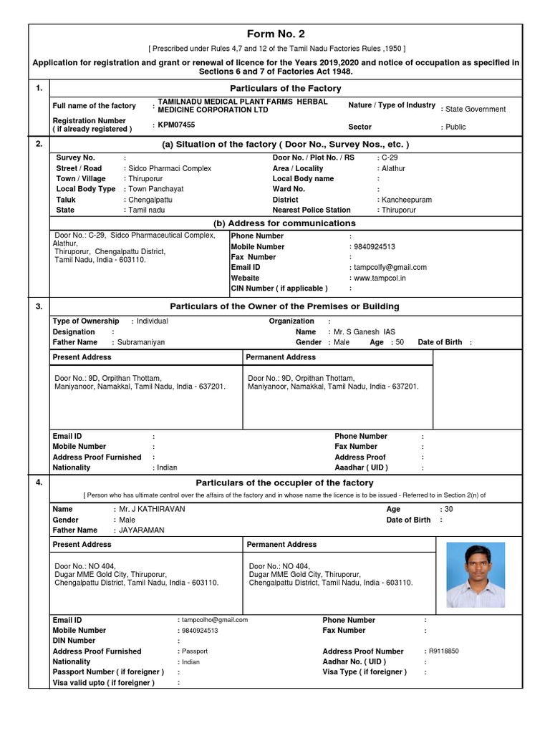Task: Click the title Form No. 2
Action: pos(276,34)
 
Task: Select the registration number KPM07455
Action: pos(176,125)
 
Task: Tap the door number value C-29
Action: pos(390,157)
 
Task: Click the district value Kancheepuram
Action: pos(406,200)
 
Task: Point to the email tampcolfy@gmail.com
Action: pos(390,267)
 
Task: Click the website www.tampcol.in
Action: pos(380,278)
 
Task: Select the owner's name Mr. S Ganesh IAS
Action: pos(365,332)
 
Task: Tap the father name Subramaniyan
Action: pos(141,342)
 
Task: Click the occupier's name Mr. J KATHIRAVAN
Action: pos(152,509)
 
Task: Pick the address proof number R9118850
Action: pos(444,651)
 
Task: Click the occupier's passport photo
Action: pos(475,575)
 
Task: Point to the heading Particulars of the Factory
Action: pos(275,88)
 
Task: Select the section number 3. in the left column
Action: pos(39,306)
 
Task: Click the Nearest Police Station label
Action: pos(312,210)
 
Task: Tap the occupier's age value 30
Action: pos(448,509)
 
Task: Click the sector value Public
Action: pos(455,127)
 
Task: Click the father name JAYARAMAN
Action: pos(142,530)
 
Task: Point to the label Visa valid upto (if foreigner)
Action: pos(104,683)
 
